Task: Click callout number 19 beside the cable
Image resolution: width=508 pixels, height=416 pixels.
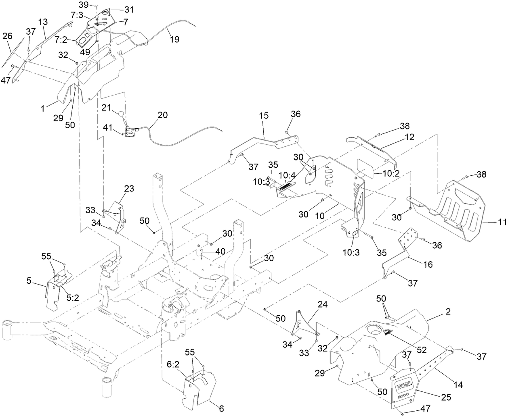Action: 175,39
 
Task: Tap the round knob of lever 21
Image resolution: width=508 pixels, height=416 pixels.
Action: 120,114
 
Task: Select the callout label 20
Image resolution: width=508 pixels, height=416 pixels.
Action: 162,114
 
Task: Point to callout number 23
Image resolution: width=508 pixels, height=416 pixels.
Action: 129,188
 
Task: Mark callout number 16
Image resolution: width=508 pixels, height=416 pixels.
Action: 428,264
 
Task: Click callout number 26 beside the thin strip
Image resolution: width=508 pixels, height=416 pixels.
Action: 7,36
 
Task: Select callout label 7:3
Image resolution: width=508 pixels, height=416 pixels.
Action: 77,15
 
